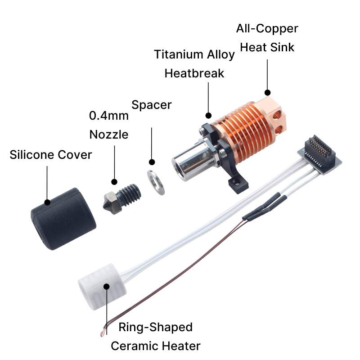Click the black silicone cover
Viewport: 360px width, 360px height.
pos(63,219)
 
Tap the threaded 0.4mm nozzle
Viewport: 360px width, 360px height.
pos(121,198)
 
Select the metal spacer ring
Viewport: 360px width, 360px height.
pos(156,183)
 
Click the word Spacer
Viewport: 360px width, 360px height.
pos(152,105)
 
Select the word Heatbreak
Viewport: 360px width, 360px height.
pos(194,73)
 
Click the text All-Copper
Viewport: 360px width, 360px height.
pos(267,29)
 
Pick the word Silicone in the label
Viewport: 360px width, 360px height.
pos(32,154)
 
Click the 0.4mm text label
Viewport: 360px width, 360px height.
pos(108,116)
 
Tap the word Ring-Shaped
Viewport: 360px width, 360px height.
pos(155,327)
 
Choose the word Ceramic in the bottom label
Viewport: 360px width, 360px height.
pos(135,346)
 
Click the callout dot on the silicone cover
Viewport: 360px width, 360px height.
pos(47,202)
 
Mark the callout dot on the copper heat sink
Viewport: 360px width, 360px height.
pos(267,93)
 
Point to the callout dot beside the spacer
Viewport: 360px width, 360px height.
pos(152,162)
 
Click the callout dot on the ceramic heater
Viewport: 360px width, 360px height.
pos(107,287)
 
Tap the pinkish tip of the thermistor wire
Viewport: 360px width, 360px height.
pos(102,334)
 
